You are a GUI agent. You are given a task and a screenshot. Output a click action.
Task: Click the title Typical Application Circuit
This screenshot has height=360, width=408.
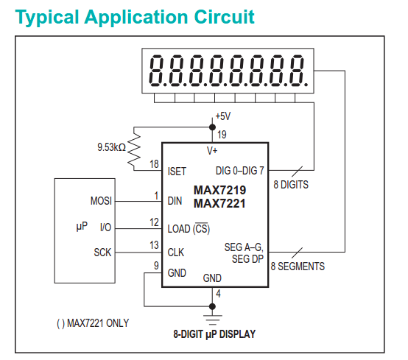[x=135, y=16]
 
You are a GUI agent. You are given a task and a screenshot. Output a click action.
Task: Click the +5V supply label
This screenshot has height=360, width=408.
[x=222, y=116]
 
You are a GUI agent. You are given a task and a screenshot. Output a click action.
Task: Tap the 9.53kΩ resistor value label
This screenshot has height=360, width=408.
[x=111, y=147]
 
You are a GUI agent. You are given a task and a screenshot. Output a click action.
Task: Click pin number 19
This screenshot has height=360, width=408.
[x=221, y=134]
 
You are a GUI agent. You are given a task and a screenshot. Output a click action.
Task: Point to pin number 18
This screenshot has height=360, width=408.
[x=154, y=163]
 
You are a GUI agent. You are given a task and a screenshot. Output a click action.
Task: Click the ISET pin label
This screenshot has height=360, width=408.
[x=177, y=171]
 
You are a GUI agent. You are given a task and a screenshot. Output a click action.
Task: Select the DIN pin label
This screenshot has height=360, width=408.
[x=175, y=200]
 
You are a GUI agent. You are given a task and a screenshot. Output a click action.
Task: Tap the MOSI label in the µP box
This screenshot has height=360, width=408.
[x=100, y=200]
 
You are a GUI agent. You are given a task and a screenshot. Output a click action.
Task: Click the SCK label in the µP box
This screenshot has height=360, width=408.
[x=102, y=253]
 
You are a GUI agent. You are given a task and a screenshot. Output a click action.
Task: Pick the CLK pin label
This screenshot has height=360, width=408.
[x=176, y=252]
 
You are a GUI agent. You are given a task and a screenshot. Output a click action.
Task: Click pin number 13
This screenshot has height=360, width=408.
[x=154, y=244]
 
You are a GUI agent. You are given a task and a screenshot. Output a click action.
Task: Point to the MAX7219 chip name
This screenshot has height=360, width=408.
[x=219, y=190]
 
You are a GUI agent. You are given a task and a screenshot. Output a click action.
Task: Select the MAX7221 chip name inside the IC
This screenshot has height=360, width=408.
[x=219, y=203]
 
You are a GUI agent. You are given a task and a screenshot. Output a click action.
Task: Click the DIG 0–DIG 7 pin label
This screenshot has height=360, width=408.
[x=236, y=171]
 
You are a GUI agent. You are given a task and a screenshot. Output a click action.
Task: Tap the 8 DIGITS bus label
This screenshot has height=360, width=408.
[x=291, y=184]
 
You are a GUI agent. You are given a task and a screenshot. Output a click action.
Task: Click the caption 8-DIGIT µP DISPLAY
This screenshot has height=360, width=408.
[x=214, y=334]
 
